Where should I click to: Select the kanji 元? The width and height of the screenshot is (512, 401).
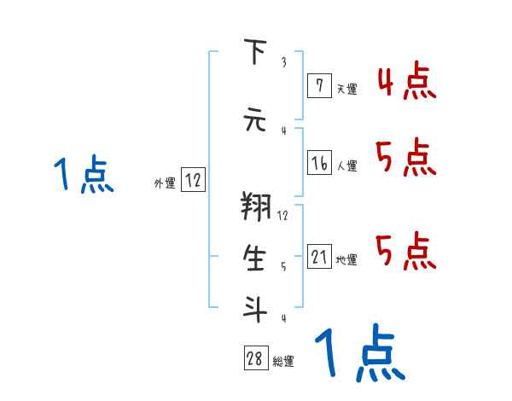pos(254,120)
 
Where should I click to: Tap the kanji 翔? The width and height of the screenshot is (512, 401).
pos(254,208)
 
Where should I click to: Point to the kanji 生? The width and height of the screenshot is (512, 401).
pos(254,259)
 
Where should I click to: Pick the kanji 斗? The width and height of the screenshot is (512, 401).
pos(254,309)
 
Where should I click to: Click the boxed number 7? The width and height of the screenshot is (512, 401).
pos(319,85)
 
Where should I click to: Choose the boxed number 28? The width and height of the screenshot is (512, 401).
pos(254,359)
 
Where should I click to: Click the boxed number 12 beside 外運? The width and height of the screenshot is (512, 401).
pos(193,180)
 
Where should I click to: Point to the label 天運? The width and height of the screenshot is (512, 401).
pos(346,88)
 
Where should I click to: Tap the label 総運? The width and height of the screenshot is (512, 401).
pos(283,362)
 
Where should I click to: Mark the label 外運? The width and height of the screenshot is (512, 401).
pos(165,183)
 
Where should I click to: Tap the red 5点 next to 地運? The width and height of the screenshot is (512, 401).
pos(406,251)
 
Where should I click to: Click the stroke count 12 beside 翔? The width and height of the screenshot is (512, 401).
pos(282,216)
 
